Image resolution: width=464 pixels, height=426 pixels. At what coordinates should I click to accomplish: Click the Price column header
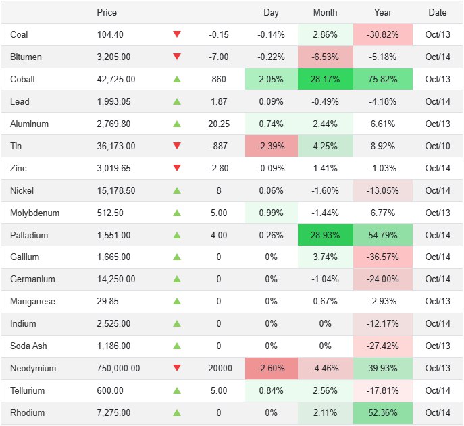click(107, 12)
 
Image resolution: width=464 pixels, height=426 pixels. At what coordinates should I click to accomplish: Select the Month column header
click(325, 12)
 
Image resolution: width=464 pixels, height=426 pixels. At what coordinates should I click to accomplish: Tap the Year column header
click(383, 12)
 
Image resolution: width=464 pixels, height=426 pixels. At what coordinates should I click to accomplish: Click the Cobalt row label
click(23, 79)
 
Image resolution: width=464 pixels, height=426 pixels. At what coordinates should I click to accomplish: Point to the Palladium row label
click(28, 235)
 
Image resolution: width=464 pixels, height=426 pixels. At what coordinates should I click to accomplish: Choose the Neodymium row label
click(33, 368)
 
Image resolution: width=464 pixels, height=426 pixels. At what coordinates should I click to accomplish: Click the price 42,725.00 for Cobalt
click(116, 79)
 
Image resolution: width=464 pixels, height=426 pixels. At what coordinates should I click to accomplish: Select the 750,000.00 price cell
click(118, 368)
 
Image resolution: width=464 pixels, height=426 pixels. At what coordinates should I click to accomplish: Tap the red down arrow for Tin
click(177, 146)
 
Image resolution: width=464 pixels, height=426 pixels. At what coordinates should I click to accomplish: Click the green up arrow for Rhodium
click(177, 412)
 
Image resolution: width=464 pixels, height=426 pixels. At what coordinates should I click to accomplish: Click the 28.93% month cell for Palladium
click(325, 235)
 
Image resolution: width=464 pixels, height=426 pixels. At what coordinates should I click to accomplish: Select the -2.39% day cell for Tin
click(271, 146)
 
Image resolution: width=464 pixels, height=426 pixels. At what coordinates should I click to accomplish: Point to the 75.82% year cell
click(383, 79)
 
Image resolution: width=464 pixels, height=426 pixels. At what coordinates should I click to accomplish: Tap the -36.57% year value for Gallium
click(383, 257)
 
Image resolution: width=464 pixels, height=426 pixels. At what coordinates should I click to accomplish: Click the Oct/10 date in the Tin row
click(437, 146)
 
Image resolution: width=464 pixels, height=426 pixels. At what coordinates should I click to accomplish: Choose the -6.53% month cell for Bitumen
click(325, 57)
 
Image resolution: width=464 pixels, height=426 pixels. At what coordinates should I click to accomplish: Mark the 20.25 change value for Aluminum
click(219, 124)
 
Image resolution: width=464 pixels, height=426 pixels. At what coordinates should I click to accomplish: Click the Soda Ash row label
click(28, 346)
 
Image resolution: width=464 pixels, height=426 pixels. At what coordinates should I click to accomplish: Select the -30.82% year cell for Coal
click(383, 34)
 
